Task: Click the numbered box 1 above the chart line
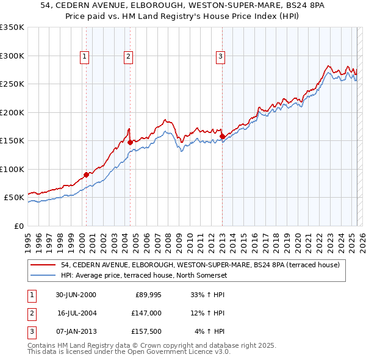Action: [x=84, y=57]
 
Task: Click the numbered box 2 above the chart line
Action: [x=128, y=57]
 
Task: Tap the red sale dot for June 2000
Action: [x=86, y=175]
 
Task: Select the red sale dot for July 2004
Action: [x=131, y=142]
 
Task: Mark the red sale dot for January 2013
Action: [x=222, y=136]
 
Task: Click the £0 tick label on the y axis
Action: [x=18, y=226]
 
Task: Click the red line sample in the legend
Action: [x=43, y=265]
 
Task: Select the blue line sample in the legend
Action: [x=43, y=275]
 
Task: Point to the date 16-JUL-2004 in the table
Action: [x=81, y=313]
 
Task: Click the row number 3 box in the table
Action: [x=31, y=331]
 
